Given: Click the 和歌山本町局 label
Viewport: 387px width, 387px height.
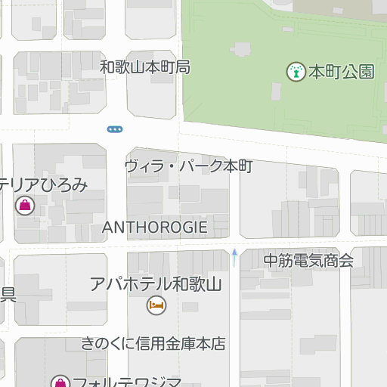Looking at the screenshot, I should (x=144, y=68).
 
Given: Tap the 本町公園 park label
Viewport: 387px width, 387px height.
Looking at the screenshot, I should (x=342, y=73).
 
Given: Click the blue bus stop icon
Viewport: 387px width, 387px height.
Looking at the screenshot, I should (x=115, y=129).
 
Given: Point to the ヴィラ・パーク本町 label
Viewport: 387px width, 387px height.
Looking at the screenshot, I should (x=188, y=166).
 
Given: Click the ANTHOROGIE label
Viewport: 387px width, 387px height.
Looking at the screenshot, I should (x=154, y=227).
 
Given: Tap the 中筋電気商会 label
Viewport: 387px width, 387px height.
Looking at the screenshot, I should (x=308, y=261).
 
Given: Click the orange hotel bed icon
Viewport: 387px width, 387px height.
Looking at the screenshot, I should (x=156, y=305).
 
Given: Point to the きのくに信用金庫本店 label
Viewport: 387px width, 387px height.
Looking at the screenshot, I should (x=154, y=344).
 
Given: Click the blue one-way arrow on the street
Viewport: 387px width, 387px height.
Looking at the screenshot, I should (x=234, y=257).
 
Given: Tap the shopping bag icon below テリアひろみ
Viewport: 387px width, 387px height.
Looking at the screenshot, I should (x=24, y=205).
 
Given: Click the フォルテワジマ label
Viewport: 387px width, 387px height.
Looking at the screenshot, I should (x=126, y=381).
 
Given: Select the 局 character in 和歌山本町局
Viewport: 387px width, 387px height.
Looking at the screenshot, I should (x=182, y=68).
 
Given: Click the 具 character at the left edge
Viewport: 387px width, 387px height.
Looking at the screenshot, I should (x=8, y=294).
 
